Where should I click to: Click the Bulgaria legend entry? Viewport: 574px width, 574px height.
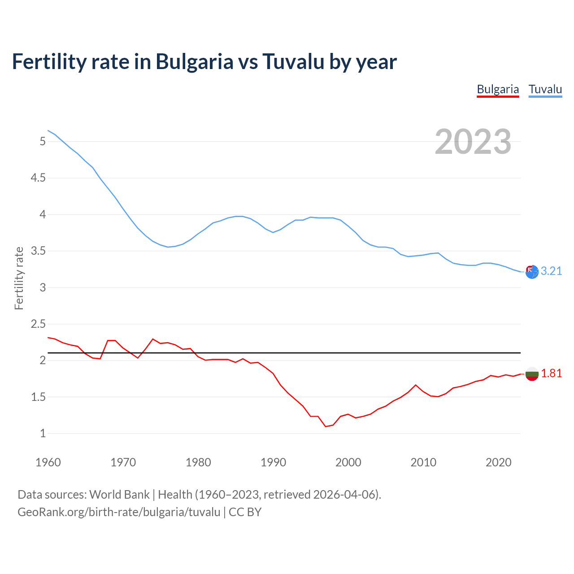tap(498, 89)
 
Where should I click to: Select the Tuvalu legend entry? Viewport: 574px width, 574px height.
tap(545, 89)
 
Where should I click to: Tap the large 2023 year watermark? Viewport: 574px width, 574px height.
tap(473, 142)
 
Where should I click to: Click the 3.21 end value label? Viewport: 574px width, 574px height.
tap(551, 271)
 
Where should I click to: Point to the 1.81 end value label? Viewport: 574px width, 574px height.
tap(551, 373)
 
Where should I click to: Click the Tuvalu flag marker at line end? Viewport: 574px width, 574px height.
tap(532, 272)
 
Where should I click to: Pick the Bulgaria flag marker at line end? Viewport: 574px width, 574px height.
tap(532, 374)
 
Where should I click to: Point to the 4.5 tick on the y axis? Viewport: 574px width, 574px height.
tap(38, 178)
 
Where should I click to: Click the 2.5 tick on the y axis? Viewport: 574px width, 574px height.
tap(38, 324)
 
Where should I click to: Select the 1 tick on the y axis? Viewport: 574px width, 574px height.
tap(43, 433)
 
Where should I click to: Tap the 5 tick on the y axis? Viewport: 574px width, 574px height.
tap(43, 142)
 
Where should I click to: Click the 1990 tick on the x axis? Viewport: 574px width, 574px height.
tap(273, 462)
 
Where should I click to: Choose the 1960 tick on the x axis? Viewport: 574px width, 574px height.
tap(48, 462)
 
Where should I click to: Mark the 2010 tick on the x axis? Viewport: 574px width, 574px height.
tap(423, 462)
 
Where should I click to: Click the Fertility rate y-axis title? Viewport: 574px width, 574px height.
tap(19, 278)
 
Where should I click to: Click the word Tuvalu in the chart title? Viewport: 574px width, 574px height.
tap(293, 61)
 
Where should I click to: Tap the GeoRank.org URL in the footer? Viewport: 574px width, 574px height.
tap(119, 512)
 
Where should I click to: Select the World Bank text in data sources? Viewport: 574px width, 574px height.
tap(119, 494)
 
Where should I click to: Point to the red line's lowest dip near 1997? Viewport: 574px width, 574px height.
tap(326, 426)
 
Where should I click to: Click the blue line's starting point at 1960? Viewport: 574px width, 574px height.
tap(48, 130)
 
